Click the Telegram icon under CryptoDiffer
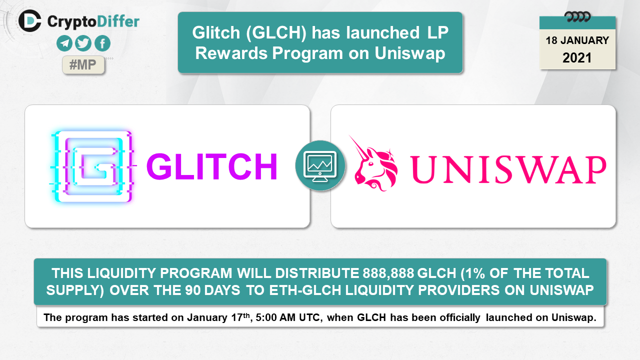[64, 43]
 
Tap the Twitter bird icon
[83, 43]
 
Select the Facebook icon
[102, 43]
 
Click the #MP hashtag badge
[83, 65]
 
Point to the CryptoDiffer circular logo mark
[29, 21]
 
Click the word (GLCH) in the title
[276, 32]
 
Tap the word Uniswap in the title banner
[409, 53]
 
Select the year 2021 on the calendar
[577, 58]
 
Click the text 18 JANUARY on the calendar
[577, 40]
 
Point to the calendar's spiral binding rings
[577, 17]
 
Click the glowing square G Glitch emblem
[92, 167]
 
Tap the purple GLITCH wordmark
[211, 166]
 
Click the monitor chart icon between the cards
[320, 165]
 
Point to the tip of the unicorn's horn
[349, 135]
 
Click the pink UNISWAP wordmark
[508, 169]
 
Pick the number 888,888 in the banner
[388, 273]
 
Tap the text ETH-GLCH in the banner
[305, 290]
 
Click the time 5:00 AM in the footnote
[275, 317]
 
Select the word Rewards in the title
[231, 53]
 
